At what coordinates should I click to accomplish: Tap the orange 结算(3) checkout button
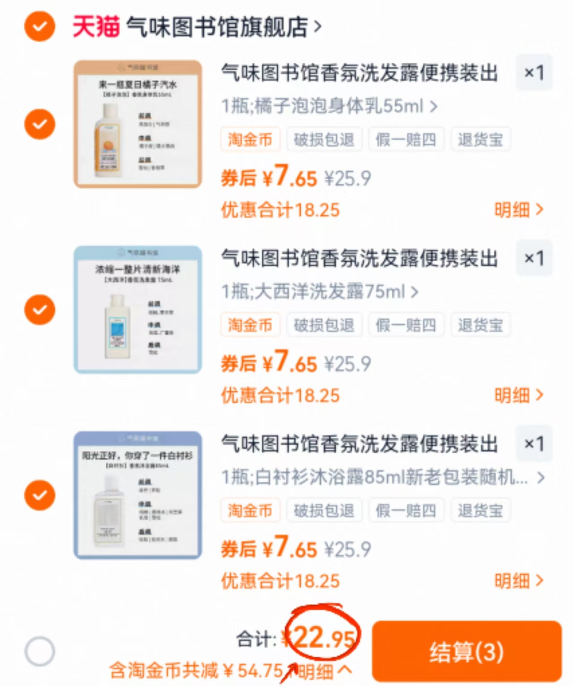[x=466, y=651]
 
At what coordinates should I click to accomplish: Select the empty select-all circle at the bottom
[x=40, y=651]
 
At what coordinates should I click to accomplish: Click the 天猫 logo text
[x=96, y=26]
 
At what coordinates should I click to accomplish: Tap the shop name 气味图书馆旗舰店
[x=218, y=27]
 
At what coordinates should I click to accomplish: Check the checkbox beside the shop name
[x=40, y=26]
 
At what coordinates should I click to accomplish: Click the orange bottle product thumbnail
[x=138, y=124]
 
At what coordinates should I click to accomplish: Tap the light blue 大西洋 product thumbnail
[x=138, y=310]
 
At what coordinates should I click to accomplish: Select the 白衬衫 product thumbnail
[x=138, y=495]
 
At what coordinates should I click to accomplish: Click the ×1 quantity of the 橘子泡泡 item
[x=534, y=73]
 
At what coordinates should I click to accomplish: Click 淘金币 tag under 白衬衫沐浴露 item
[x=250, y=510]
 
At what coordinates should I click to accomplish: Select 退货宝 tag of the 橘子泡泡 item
[x=480, y=139]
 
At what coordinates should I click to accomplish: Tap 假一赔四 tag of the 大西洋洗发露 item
[x=406, y=325]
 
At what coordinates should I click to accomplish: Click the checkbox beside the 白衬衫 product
[x=40, y=495]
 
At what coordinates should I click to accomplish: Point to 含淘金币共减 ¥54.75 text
[x=196, y=671]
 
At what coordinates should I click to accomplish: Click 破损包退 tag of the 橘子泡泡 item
[x=324, y=139]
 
